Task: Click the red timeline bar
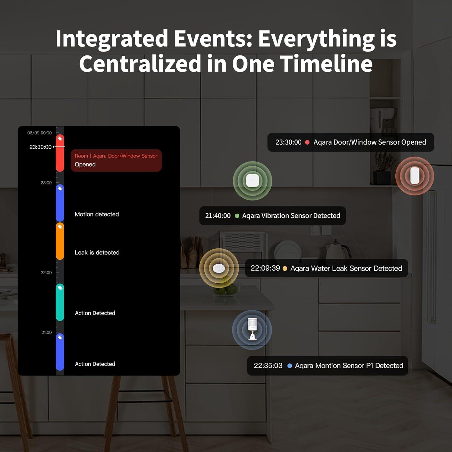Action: [60, 153]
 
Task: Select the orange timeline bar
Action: [60, 241]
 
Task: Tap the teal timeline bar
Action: [60, 302]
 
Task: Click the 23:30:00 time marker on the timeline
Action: [40, 147]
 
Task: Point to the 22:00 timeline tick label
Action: [46, 272]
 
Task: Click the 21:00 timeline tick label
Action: [46, 332]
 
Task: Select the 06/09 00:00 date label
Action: [39, 133]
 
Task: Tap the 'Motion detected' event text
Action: [97, 214]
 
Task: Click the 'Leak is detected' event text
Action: [97, 253]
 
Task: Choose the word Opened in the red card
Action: [85, 165]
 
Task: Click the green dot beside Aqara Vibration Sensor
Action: [237, 216]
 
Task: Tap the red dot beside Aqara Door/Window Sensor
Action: [307, 142]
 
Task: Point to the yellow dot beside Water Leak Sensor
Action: [285, 268]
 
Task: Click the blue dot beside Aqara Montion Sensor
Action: [290, 366]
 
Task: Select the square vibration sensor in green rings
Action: [253, 181]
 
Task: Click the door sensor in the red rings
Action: [415, 176]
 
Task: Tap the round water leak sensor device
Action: [219, 268]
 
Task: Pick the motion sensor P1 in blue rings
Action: [252, 329]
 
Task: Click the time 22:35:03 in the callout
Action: [268, 366]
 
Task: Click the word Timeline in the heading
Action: [326, 64]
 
